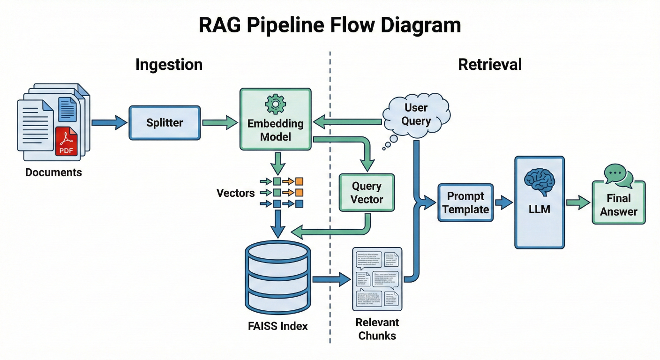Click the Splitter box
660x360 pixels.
click(x=165, y=123)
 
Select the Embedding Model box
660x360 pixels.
click(x=275, y=120)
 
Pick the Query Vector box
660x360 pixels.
click(x=367, y=193)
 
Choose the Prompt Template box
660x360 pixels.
click(x=465, y=202)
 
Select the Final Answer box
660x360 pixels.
click(x=619, y=204)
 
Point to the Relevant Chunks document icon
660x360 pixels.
click(x=377, y=279)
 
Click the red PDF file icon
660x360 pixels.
click(x=66, y=141)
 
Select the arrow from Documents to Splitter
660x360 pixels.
click(x=109, y=123)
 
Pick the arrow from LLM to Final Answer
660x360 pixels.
click(x=577, y=202)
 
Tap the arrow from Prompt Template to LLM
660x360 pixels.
click(x=504, y=202)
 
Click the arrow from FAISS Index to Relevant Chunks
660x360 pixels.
click(x=331, y=279)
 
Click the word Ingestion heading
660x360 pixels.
click(x=169, y=65)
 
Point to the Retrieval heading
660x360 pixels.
click(x=490, y=65)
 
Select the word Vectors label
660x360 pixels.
click(x=236, y=193)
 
